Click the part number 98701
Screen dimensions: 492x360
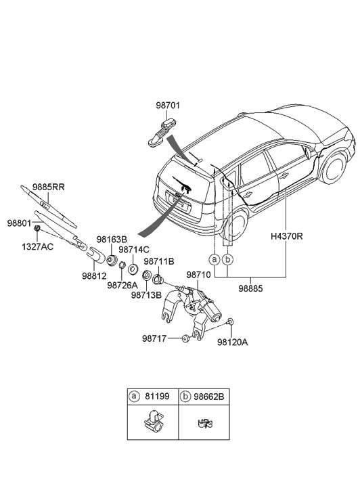pyautogui.click(x=168, y=106)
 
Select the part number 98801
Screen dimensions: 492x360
pyautogui.click(x=20, y=222)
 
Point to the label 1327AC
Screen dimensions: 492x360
pyautogui.click(x=37, y=246)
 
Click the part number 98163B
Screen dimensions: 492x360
pyautogui.click(x=112, y=239)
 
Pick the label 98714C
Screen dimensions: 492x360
pyautogui.click(x=133, y=250)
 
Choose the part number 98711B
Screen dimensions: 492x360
pyautogui.click(x=159, y=261)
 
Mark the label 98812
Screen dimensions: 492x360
pyautogui.click(x=94, y=275)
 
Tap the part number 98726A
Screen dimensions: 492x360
pyautogui.click(x=122, y=286)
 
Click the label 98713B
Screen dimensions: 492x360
pyautogui.click(x=146, y=295)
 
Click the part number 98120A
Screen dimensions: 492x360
pyautogui.click(x=233, y=342)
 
